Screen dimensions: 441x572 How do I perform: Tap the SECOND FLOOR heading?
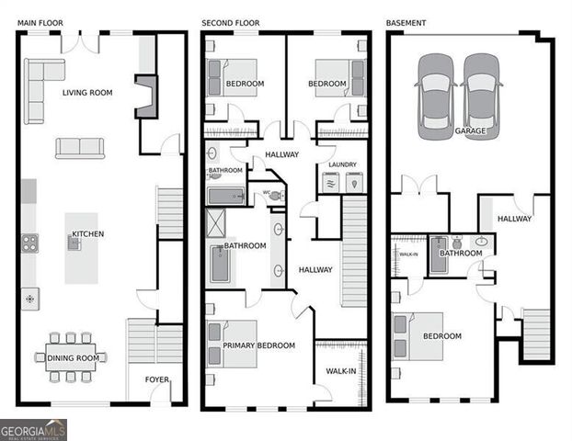231,22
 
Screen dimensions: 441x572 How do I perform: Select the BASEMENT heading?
406,22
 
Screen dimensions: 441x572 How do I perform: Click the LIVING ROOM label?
87,93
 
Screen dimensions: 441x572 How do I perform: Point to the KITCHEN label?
88,234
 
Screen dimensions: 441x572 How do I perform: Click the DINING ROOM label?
74,358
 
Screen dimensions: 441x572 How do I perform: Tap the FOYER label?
157,379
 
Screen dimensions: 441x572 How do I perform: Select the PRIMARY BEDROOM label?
258,345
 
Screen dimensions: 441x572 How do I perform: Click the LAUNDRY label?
341,165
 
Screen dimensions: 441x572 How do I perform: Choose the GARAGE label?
470,131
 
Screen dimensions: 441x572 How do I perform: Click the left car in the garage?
435,96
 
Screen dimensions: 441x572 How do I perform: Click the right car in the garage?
480,96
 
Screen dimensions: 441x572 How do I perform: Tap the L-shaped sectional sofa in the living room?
40,87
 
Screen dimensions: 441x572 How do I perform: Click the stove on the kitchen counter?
30,243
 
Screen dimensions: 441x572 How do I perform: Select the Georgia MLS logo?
33,430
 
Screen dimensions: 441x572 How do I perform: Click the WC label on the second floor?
267,193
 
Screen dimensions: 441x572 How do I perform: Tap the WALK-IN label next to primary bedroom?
340,371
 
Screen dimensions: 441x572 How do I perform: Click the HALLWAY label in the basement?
514,219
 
